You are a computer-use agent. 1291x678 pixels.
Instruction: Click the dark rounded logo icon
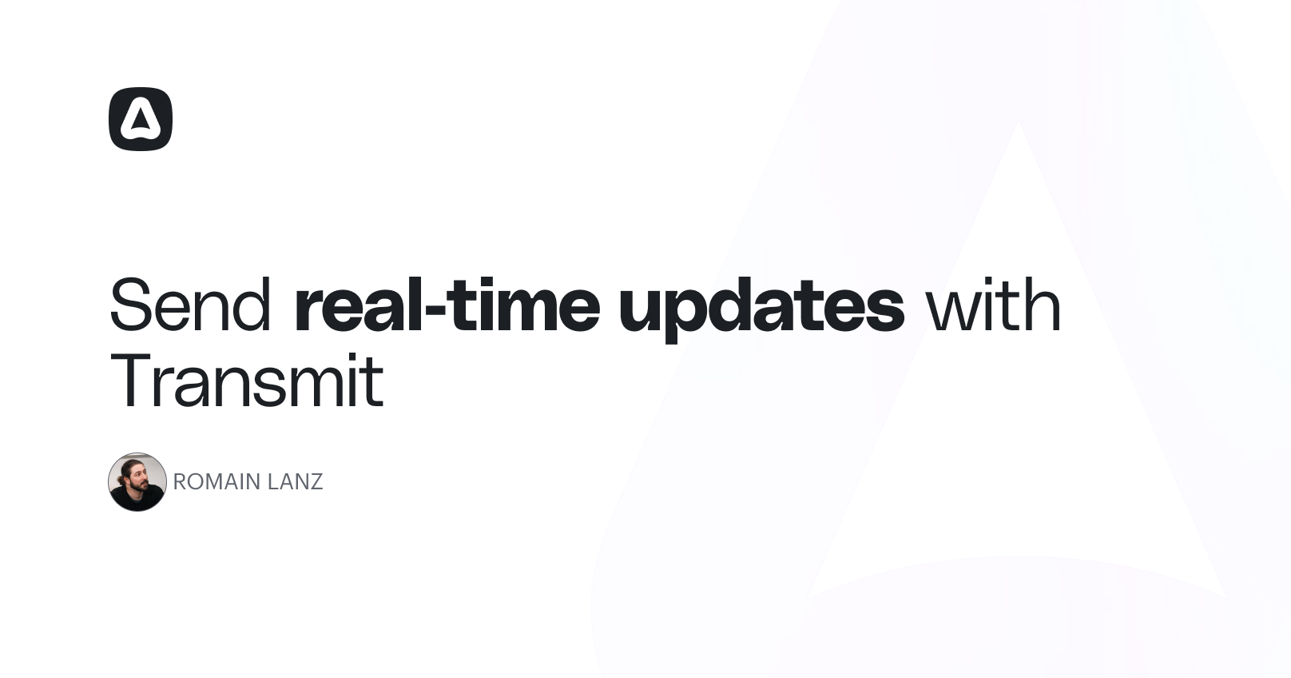point(141,119)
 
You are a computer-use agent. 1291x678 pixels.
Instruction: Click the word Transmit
point(247,380)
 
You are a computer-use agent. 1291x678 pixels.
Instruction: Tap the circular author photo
point(137,482)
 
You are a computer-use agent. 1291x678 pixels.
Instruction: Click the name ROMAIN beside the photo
point(216,482)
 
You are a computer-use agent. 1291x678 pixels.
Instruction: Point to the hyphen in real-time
point(435,312)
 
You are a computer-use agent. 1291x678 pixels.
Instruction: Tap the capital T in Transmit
point(132,380)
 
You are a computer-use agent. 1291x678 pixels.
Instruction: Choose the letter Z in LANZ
point(316,482)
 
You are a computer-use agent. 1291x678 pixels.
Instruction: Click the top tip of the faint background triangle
point(1019,122)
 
